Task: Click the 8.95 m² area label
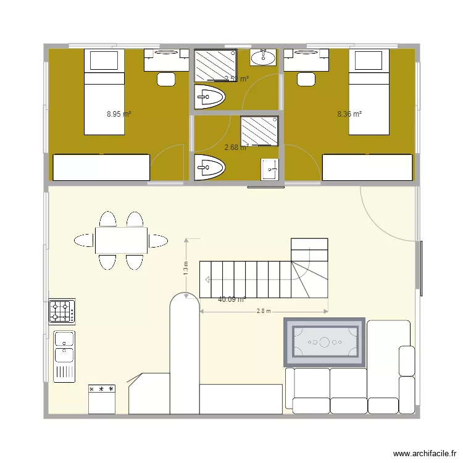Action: coord(119,114)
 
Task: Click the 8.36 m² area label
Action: coord(349,114)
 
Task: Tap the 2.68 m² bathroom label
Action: coord(235,148)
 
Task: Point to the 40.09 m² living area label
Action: coord(231,300)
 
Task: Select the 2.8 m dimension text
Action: coord(264,312)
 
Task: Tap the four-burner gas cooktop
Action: coord(62,312)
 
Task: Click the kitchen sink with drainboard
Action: coord(64,355)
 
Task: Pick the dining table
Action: coord(121,240)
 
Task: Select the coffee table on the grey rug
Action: coord(324,341)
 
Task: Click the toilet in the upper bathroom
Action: coord(210,97)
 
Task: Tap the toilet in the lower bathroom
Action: coord(210,167)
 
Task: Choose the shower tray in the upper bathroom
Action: coord(215,65)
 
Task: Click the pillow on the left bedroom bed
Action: coord(104,60)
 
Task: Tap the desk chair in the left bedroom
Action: coord(166,78)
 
